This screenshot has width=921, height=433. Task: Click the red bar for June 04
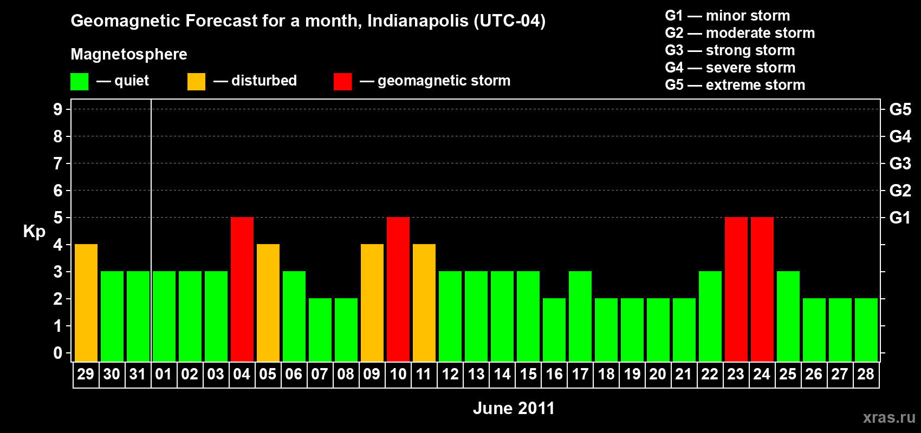pyautogui.click(x=242, y=289)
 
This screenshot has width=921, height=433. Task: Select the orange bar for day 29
pyautogui.click(x=86, y=303)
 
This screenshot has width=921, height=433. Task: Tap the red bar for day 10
pyautogui.click(x=398, y=289)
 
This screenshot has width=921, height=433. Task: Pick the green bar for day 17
pyautogui.click(x=580, y=316)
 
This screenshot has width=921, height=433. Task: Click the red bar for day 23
pyautogui.click(x=736, y=289)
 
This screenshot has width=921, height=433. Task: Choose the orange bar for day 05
pyautogui.click(x=268, y=303)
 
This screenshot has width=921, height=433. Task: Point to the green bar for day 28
pyautogui.click(x=866, y=330)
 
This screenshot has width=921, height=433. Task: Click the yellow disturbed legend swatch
pyautogui.click(x=196, y=82)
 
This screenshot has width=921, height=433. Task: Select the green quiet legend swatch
pyautogui.click(x=79, y=82)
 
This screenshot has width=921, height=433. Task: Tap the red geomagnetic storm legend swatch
pyautogui.click(x=342, y=82)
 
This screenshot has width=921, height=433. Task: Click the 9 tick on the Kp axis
pyautogui.click(x=58, y=109)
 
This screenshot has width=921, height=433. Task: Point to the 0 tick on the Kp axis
pyautogui.click(x=58, y=353)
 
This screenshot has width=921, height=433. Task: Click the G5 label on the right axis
pyautogui.click(x=900, y=109)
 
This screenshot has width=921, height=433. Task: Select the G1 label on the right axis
pyautogui.click(x=900, y=218)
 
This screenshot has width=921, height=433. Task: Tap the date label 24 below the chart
pyautogui.click(x=762, y=374)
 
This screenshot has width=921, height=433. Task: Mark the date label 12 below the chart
pyautogui.click(x=450, y=374)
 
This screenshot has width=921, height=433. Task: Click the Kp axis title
pyautogui.click(x=34, y=231)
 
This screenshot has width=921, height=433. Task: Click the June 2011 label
pyautogui.click(x=514, y=408)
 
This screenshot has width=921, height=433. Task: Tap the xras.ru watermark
pyautogui.click(x=889, y=417)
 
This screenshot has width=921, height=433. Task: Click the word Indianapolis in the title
pyautogui.click(x=417, y=21)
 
